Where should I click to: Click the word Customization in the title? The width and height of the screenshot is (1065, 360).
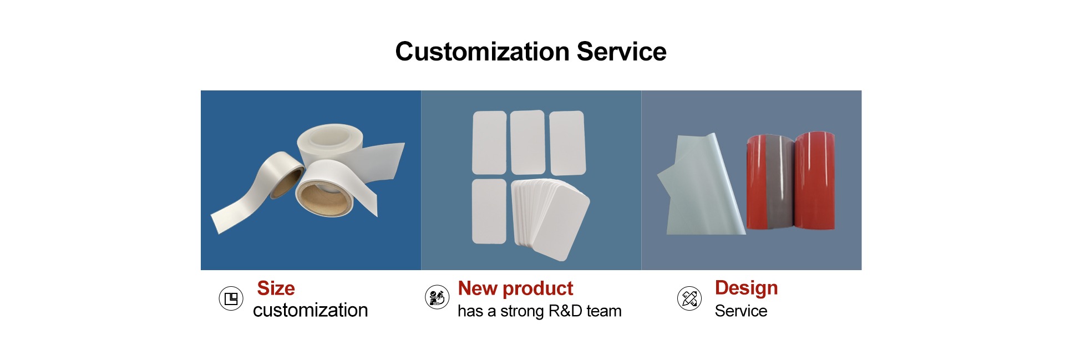coord(482,52)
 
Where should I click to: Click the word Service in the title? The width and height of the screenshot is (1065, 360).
coord(621,52)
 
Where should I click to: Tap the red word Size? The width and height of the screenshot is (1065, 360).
coord(276,288)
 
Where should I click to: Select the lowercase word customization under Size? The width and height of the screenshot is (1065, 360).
coord(310,310)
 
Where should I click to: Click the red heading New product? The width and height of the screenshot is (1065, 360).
coord(515,288)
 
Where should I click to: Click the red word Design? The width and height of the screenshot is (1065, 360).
coord(746,288)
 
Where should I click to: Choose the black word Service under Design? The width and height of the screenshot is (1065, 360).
coord(741,311)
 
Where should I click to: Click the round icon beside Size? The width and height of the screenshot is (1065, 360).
coord(231,298)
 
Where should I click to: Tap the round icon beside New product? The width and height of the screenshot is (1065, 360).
coord(437,297)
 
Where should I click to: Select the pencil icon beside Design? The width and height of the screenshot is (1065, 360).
coord(689,298)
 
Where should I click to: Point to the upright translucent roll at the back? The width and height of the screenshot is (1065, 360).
coord(329,144)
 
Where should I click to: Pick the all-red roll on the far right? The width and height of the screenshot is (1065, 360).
coord(815,180)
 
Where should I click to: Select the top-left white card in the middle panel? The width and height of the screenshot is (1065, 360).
coord(489,143)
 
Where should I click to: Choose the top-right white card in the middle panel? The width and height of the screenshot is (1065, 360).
coord(567,143)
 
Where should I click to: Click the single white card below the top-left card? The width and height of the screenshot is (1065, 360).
coord(489,211)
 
